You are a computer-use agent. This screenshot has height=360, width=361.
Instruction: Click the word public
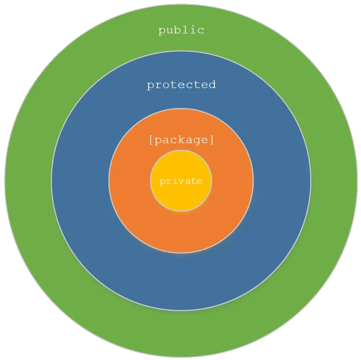coord(181,31)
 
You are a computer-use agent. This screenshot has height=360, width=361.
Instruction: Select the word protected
coord(181,85)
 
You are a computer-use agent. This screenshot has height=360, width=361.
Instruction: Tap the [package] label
coord(181,140)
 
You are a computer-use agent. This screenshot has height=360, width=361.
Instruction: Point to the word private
coord(181,181)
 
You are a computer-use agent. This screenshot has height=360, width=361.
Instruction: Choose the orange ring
coord(181,230)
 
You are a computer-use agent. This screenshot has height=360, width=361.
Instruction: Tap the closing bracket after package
coord(211,140)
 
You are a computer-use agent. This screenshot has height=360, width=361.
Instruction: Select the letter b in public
coord(177,30)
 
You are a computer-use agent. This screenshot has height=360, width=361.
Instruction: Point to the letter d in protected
coord(212,84)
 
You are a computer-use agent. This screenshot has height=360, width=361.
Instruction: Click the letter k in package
coord(181,140)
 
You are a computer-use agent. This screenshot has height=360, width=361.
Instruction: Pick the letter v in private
coord(181,181)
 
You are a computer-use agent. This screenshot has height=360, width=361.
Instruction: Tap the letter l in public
coord(185,30)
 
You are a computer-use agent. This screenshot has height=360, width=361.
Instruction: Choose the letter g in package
coord(196,141)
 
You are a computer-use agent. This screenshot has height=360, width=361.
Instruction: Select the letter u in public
coord(170,31)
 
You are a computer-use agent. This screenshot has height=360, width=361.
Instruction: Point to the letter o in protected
coord(166,85)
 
